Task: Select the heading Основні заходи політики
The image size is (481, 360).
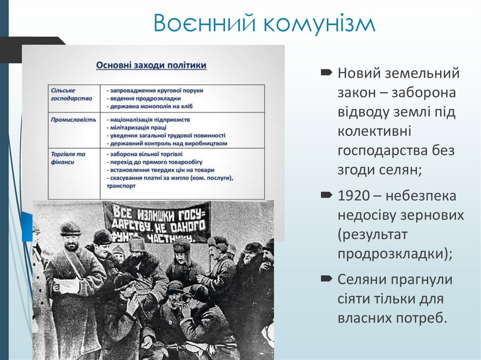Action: [151, 65]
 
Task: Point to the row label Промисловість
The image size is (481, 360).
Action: [74, 120]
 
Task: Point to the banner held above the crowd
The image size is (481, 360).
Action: [157, 221]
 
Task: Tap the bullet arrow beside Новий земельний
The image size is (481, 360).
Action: [326, 72]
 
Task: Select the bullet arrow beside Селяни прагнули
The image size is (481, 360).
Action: [326, 279]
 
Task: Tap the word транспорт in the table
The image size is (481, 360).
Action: [121, 186]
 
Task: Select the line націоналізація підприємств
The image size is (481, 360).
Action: [144, 120]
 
